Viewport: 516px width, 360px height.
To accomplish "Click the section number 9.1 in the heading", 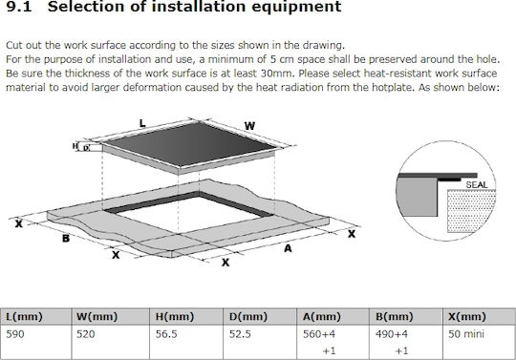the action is (x=19, y=7).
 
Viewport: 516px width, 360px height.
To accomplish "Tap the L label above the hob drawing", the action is (x=142, y=123).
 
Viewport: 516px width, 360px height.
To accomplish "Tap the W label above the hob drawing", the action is (x=249, y=126).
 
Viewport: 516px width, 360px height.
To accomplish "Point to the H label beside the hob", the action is (x=75, y=146).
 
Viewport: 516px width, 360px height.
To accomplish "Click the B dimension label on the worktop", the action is (x=66, y=238).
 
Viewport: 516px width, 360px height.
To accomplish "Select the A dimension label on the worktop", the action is (x=288, y=248).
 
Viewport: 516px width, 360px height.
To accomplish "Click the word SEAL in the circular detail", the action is (x=477, y=185).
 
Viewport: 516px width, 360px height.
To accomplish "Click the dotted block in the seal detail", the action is (x=472, y=211).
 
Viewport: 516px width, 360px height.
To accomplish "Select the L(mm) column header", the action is (x=24, y=317).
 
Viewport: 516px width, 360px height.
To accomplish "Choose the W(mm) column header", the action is (x=97, y=317).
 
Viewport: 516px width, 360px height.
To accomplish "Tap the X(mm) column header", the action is (x=467, y=317).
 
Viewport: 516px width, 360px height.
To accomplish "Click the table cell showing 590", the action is (x=15, y=334).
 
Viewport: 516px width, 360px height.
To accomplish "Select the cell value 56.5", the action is (x=166, y=334).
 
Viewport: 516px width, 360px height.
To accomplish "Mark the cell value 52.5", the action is (x=240, y=334).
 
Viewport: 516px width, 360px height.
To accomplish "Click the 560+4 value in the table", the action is (x=319, y=334).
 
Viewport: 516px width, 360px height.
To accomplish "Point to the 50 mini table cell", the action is (x=466, y=334).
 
